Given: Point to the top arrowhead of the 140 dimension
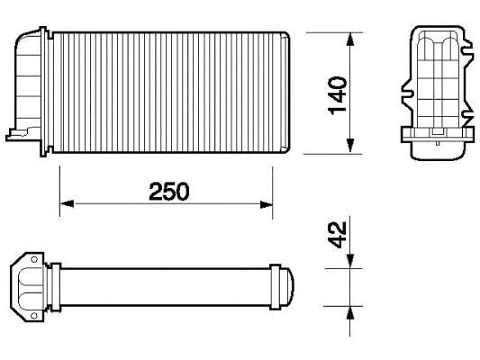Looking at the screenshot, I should coord(350,39).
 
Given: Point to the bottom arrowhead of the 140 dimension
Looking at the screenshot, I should coord(350,148).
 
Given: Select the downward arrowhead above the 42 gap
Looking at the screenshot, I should coord(350,262).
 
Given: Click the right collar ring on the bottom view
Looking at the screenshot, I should coord(275,286).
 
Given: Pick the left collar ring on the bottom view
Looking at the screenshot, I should coord(57,286).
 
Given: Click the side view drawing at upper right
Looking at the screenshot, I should coord(436,90).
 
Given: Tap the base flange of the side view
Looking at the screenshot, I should coord(436,136).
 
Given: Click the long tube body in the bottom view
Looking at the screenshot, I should coord(167,286).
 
